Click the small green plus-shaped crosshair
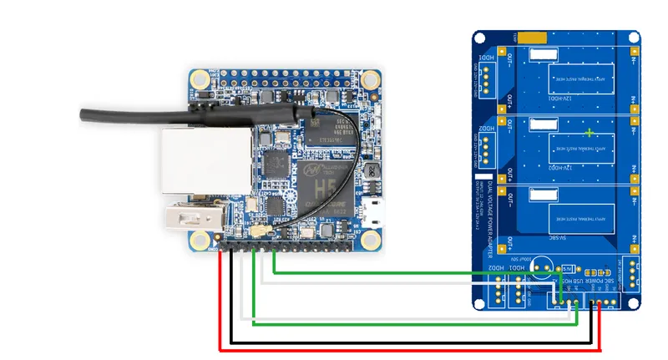[590, 133]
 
